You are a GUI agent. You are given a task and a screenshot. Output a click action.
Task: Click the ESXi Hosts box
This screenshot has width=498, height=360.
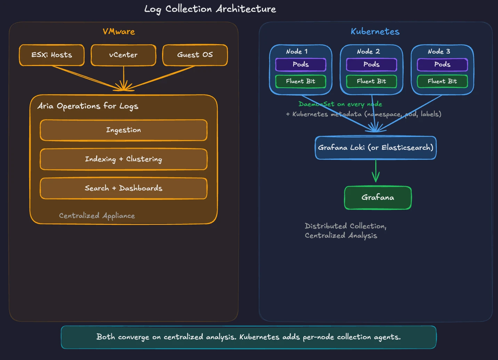[x=51, y=55]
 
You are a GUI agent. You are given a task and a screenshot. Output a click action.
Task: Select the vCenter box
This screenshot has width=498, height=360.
[x=123, y=55]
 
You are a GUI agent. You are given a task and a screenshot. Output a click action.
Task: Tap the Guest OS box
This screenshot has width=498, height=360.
[x=195, y=55]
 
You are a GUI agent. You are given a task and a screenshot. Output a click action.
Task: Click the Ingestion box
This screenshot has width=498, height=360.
[x=123, y=130]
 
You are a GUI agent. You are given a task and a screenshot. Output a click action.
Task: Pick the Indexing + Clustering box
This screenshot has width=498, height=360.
[x=123, y=159]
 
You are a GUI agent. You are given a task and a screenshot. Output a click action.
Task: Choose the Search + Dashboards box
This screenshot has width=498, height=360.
[x=123, y=188]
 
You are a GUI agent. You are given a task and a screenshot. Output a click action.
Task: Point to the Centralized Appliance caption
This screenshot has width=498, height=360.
[x=97, y=216]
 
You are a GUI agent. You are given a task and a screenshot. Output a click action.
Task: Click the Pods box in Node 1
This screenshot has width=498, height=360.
[x=300, y=65]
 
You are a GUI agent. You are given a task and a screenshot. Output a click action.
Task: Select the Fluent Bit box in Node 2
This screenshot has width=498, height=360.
[x=371, y=81]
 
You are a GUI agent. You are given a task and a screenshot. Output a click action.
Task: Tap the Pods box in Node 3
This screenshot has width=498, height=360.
[x=442, y=65]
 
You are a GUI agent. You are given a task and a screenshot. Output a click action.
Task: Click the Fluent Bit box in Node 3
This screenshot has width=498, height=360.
[x=442, y=81]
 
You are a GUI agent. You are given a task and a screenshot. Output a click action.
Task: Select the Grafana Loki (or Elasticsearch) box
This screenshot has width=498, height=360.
[x=376, y=148]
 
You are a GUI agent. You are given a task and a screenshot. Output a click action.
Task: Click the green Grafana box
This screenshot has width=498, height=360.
[x=378, y=198]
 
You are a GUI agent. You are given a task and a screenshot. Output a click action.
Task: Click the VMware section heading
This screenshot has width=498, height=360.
[x=119, y=32]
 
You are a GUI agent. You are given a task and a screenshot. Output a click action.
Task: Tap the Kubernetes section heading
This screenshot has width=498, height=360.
[x=375, y=32]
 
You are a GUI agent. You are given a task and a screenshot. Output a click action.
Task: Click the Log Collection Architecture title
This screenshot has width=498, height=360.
[x=210, y=9]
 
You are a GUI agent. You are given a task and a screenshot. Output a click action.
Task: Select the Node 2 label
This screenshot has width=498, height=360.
[x=368, y=51]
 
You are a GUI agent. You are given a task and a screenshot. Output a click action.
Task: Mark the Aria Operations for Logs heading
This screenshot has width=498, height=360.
[x=88, y=106]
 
